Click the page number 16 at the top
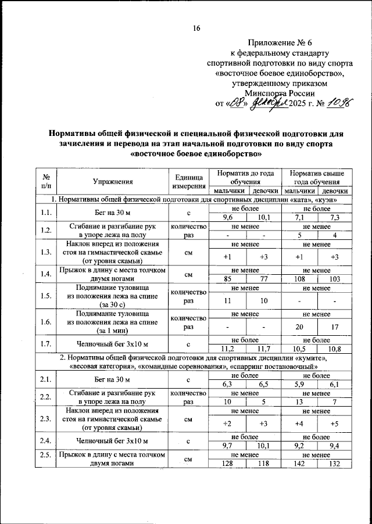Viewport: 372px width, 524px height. click(196, 29)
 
